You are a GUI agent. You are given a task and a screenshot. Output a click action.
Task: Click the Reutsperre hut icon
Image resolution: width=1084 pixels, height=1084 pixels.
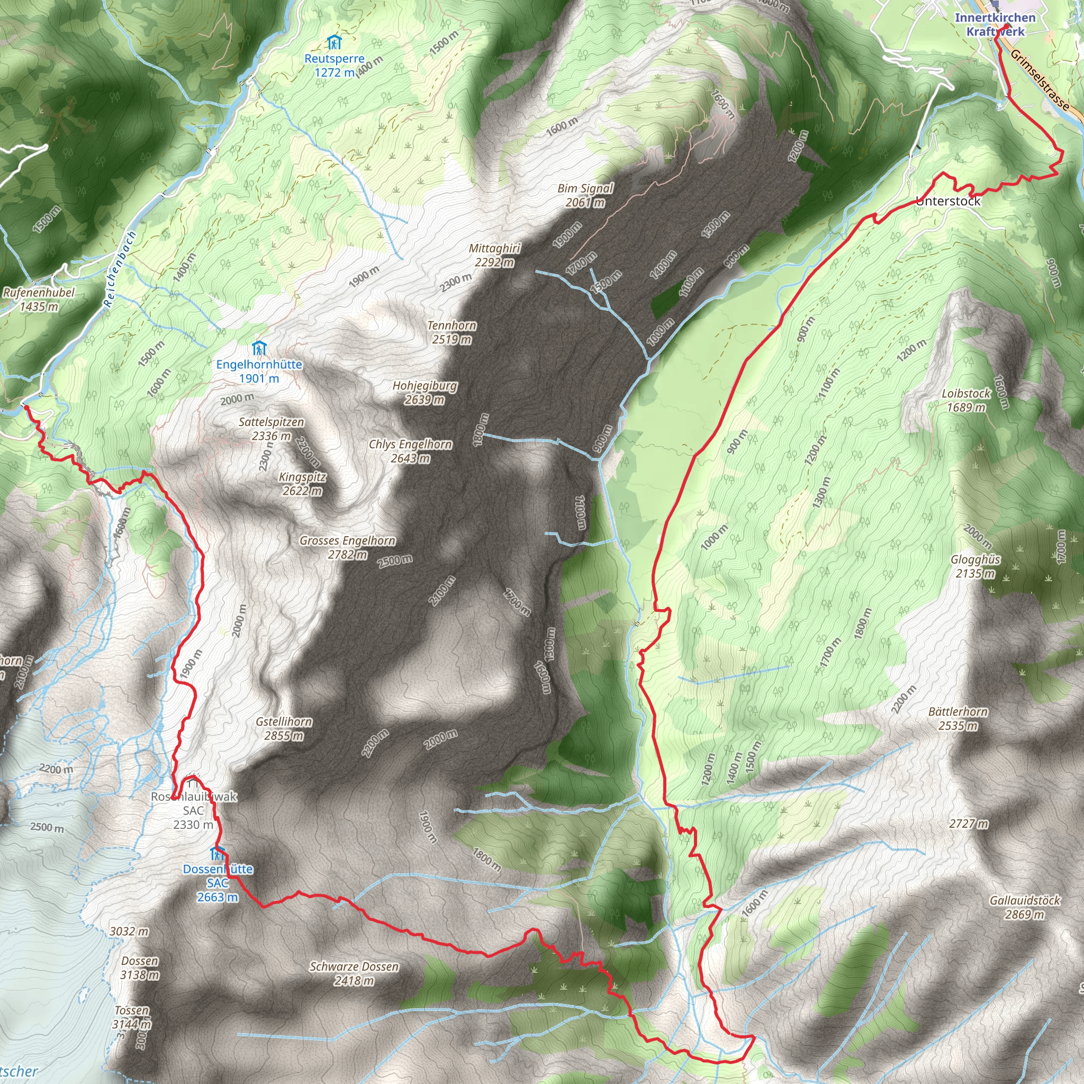click(334, 43)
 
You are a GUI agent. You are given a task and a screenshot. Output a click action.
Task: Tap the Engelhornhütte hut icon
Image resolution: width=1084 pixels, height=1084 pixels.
click(259, 348)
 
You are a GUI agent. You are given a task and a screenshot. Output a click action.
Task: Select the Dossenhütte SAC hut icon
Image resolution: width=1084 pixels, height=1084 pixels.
click(216, 854)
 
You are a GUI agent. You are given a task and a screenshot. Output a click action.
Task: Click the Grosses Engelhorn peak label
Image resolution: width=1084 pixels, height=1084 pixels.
click(347, 547)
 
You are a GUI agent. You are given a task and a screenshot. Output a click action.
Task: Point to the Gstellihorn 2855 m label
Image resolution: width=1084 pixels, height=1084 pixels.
click(284, 728)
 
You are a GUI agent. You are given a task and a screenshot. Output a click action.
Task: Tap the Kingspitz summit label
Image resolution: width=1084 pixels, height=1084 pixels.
click(302, 484)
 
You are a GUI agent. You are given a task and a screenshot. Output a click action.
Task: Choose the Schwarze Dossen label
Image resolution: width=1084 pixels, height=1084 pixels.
click(354, 973)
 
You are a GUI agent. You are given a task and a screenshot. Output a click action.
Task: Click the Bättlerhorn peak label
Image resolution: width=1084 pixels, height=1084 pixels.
click(957, 718)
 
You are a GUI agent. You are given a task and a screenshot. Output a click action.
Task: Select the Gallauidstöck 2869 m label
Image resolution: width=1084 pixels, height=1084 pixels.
click(1025, 907)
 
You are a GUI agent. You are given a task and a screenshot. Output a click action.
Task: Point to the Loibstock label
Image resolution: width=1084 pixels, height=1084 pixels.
click(965, 400)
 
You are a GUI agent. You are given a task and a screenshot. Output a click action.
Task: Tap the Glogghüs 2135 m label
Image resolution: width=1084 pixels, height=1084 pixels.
click(975, 566)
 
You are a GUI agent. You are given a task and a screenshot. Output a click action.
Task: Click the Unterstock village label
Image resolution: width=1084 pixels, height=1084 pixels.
click(947, 201)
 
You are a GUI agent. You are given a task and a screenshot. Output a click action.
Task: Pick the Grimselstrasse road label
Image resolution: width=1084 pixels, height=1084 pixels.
click(1040, 78)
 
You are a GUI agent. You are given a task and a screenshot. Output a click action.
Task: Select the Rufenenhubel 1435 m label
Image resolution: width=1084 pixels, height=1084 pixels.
click(39, 299)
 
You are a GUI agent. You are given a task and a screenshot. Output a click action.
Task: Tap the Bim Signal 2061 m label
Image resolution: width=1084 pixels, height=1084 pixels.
click(585, 195)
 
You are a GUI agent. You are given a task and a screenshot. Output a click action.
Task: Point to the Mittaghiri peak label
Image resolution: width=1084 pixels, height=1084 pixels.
click(494, 255)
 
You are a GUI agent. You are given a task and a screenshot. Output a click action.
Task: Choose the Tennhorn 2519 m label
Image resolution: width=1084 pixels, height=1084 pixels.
click(451, 332)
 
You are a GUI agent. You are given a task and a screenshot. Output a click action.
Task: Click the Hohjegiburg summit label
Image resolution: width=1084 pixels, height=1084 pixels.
click(424, 392)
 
